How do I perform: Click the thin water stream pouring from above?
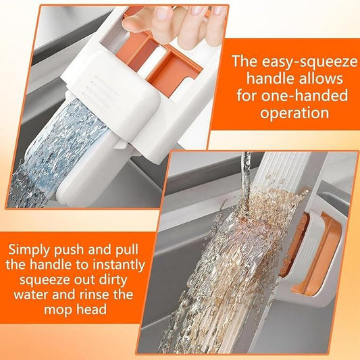coord(247,169)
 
